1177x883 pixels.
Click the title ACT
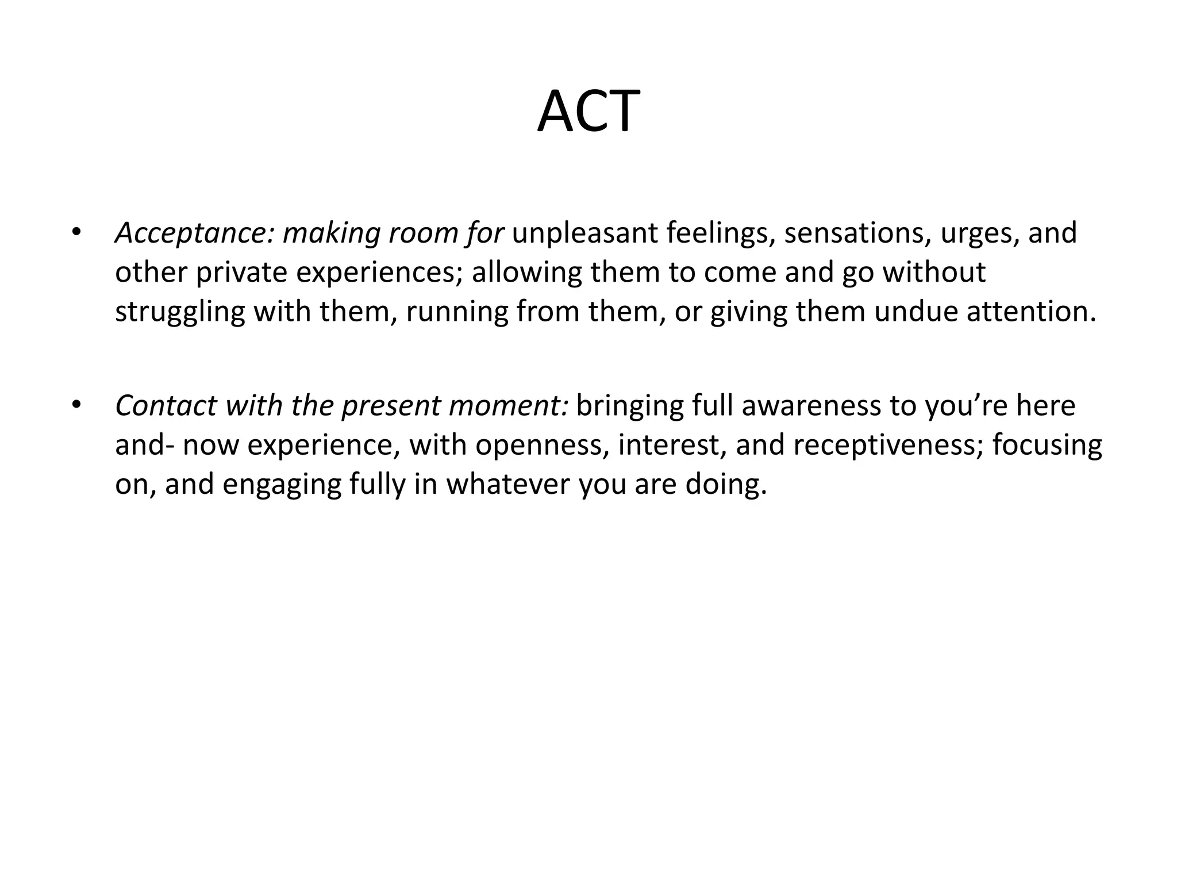[x=588, y=112]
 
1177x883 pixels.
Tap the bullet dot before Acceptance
[x=75, y=232]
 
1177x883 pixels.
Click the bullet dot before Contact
[x=75, y=405]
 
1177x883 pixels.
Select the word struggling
[x=180, y=312]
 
